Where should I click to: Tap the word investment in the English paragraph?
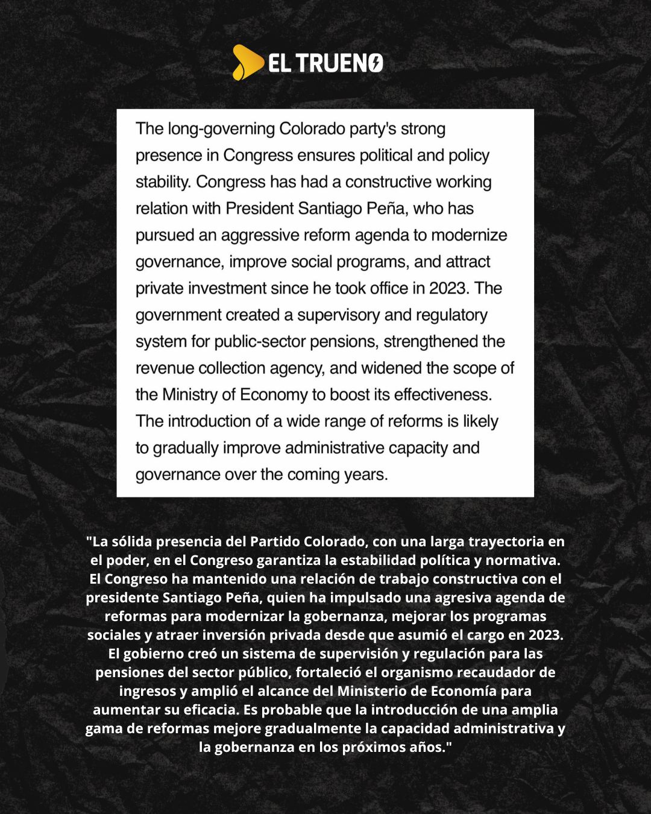227,288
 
